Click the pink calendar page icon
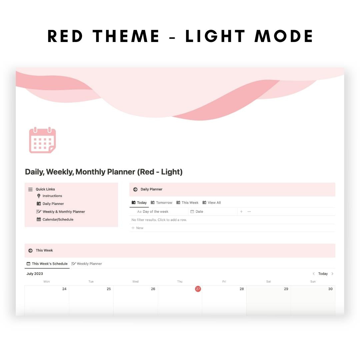point(42,140)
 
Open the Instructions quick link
point(52,196)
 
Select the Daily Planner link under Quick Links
point(53,204)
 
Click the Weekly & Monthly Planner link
point(64,212)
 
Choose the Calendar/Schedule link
point(58,220)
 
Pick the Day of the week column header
point(155,212)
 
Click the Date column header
point(199,212)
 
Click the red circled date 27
point(198,289)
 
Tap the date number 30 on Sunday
point(330,289)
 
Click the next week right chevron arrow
point(332,274)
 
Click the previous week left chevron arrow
point(314,274)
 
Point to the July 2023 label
point(35,274)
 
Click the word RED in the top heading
point(65,36)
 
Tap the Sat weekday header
point(268,282)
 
